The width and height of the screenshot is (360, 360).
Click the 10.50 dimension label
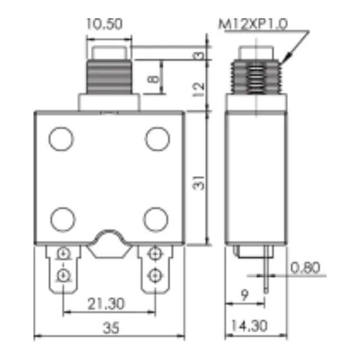104,24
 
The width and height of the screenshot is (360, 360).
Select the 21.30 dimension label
106,304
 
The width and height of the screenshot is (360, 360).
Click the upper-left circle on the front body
61,139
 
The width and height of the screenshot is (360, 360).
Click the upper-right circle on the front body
157,139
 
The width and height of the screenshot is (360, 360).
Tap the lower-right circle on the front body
156,218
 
